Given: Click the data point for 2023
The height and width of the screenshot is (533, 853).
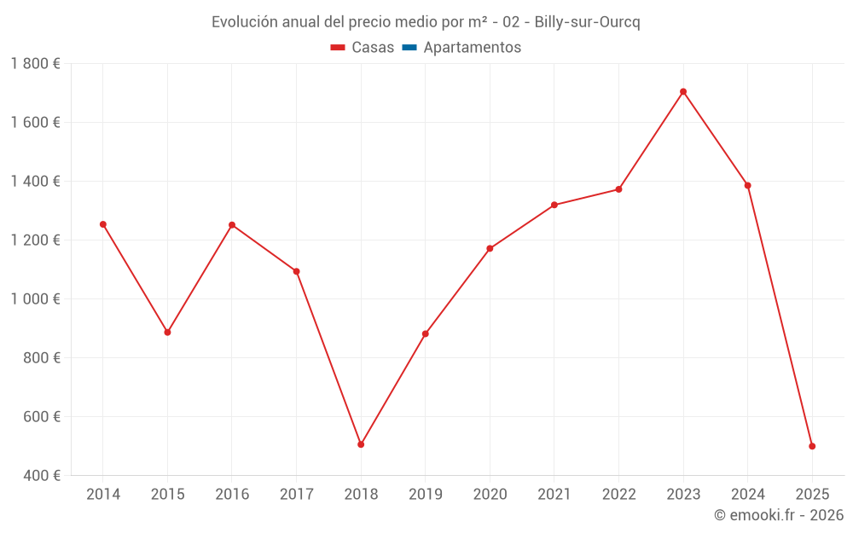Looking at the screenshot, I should (x=683, y=91).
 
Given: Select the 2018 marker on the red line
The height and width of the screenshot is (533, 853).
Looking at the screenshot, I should (x=361, y=444).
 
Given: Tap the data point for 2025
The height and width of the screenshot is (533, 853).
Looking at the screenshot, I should (x=812, y=446).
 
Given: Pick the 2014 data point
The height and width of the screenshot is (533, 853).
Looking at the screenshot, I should (x=103, y=224).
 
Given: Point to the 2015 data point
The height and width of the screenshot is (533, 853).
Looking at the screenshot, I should (x=167, y=332).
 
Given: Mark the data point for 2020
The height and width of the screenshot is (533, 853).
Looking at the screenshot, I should (x=490, y=248).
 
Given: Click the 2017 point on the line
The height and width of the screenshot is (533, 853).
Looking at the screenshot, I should (x=296, y=271).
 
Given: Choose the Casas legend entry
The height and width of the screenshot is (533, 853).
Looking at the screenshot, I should (x=363, y=48).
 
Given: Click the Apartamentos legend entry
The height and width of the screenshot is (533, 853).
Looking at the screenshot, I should (x=461, y=48).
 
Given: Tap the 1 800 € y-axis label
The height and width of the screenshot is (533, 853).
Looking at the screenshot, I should (x=35, y=63).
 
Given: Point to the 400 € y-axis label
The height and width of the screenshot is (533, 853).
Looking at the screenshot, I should (x=42, y=475).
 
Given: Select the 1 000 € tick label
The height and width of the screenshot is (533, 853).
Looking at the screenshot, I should (x=35, y=298).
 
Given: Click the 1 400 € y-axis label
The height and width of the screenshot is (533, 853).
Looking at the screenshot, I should (x=35, y=181).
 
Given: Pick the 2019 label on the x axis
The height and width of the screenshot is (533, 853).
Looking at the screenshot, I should (x=425, y=494).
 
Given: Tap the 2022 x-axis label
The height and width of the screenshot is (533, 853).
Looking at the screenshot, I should (x=618, y=494).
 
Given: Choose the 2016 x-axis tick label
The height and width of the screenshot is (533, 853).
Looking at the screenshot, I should (x=232, y=494).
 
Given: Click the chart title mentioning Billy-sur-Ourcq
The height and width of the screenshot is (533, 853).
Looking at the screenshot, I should (x=426, y=21).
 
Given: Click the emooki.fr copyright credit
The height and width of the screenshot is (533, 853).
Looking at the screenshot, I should (x=778, y=514).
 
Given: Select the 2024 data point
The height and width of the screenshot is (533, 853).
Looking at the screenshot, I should (x=748, y=185).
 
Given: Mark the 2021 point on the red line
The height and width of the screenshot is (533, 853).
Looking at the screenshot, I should (x=554, y=205).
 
